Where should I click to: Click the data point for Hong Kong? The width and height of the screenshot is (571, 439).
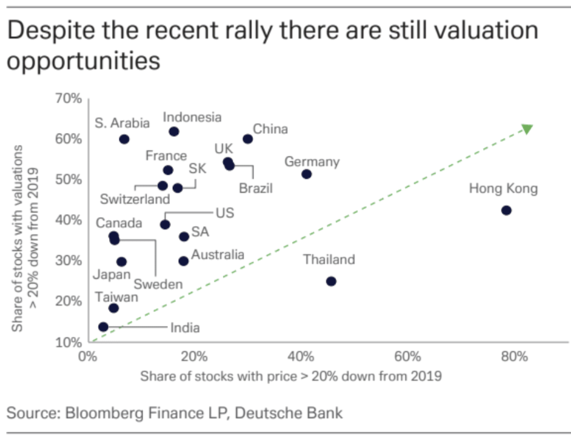506,210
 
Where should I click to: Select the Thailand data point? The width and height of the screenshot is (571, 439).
331,281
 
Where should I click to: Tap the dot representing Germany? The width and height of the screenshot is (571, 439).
307,174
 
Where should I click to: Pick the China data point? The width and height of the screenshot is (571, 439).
248,138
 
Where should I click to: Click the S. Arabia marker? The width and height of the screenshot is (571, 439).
124,139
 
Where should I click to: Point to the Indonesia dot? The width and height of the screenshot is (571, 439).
174,131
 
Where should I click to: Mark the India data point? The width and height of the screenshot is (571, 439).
103,327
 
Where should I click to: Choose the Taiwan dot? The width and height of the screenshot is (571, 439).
114,308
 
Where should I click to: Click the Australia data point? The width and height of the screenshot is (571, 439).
184,260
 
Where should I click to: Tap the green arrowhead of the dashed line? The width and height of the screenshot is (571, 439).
527,129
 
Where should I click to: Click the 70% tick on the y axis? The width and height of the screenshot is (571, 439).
69,98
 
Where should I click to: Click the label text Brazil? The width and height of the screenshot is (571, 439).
255,189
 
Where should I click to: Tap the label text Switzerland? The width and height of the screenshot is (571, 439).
135,199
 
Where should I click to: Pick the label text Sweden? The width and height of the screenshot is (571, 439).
158,284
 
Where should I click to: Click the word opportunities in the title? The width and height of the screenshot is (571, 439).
83,61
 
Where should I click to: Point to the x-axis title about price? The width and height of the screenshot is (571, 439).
291,376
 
